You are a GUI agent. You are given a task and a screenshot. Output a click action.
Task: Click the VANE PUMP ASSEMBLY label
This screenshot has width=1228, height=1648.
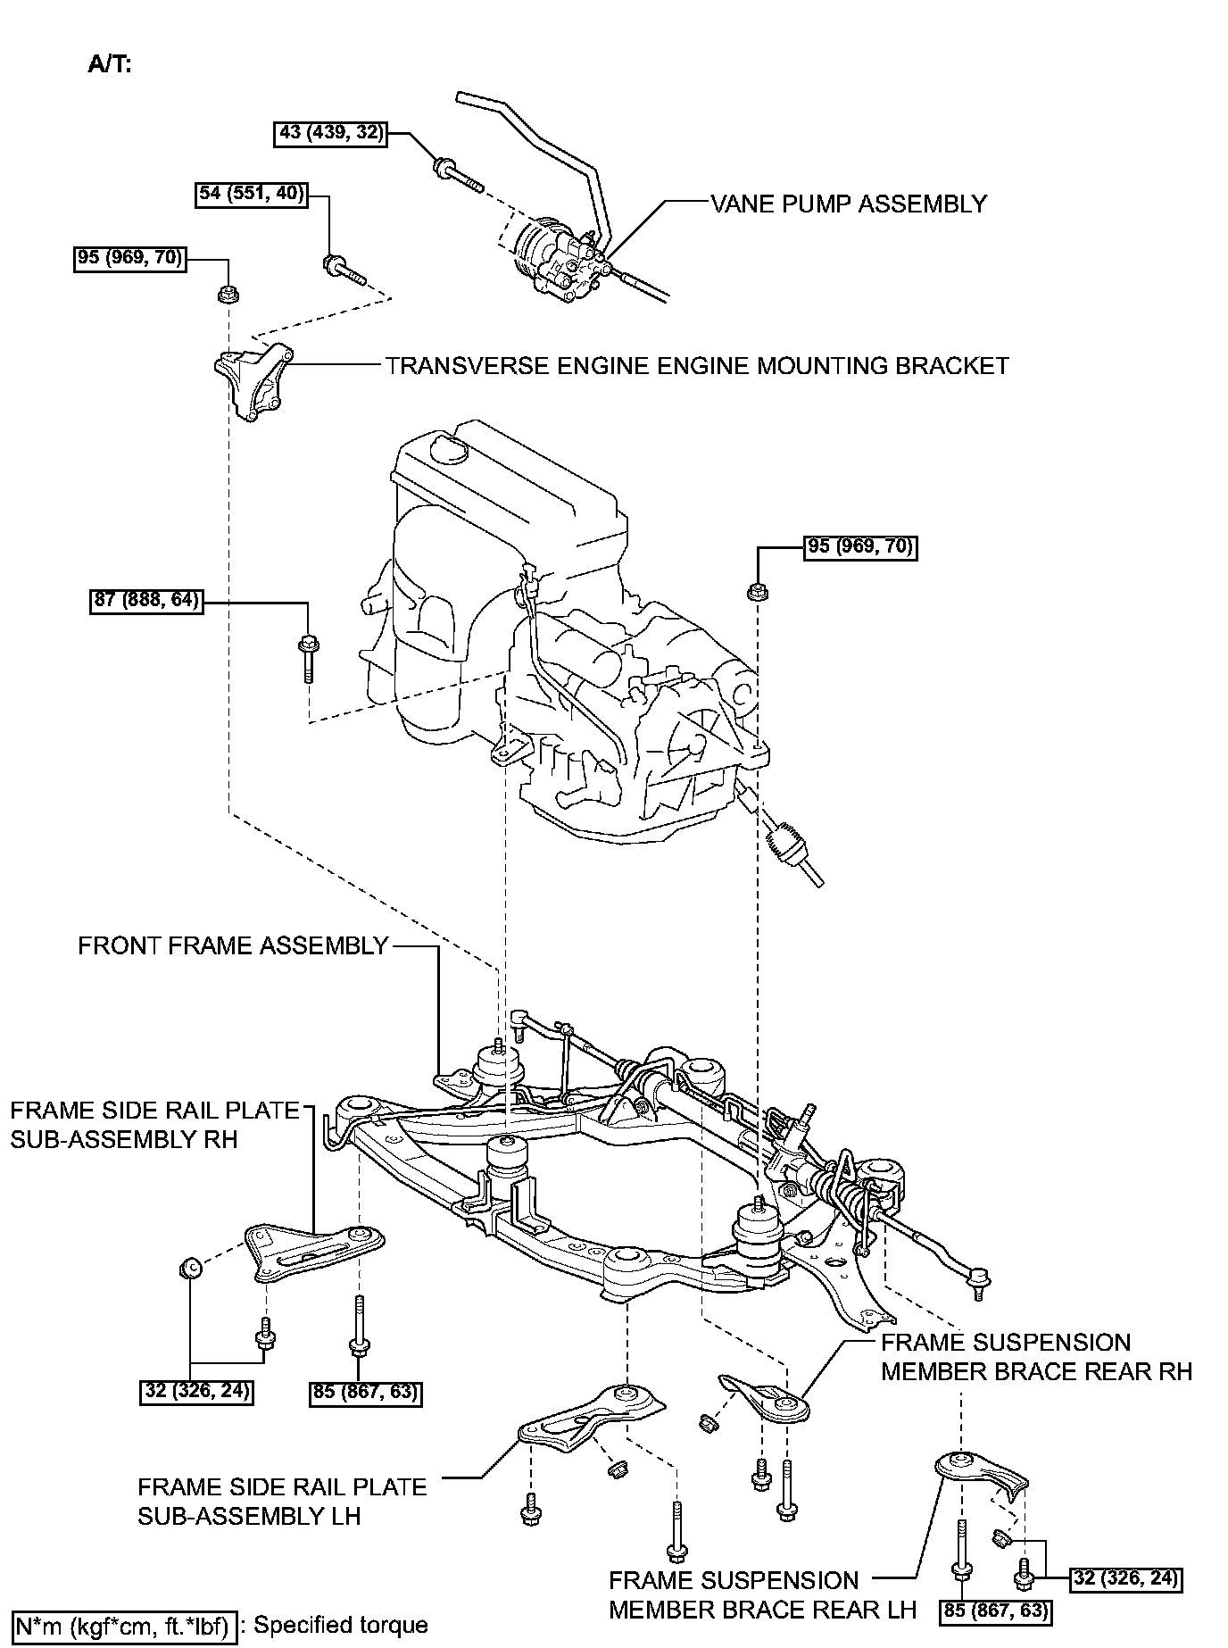[849, 204]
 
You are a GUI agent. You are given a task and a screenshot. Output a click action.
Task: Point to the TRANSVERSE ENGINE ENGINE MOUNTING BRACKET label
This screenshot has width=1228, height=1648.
[697, 366]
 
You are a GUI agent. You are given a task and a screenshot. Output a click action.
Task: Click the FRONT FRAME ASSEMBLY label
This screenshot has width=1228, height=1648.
[233, 945]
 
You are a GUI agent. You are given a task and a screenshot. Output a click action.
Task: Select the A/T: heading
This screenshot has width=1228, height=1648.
[109, 64]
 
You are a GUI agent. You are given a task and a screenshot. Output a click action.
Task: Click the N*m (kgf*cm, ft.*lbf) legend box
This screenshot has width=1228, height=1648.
[124, 1624]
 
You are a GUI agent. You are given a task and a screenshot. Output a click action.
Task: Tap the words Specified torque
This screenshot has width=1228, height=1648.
[341, 1625]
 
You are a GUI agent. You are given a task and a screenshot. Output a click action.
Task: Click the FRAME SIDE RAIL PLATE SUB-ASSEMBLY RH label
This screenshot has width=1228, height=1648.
[153, 1125]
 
